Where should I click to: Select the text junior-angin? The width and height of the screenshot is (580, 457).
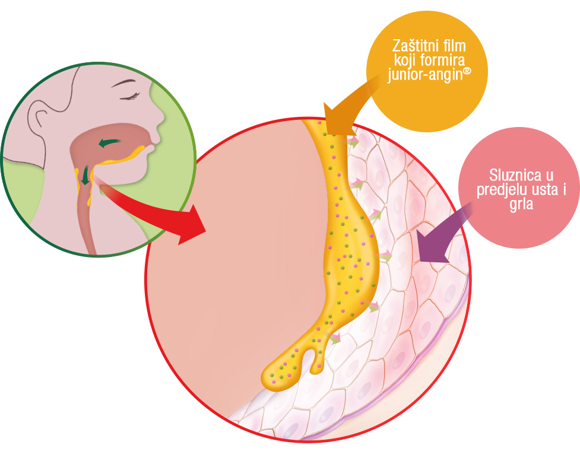pos(426,75)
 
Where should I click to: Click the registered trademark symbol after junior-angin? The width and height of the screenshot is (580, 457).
pos(468,71)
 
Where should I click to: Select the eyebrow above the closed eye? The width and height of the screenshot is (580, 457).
pos(123,83)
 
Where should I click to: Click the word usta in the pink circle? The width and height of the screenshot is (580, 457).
pos(541,190)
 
